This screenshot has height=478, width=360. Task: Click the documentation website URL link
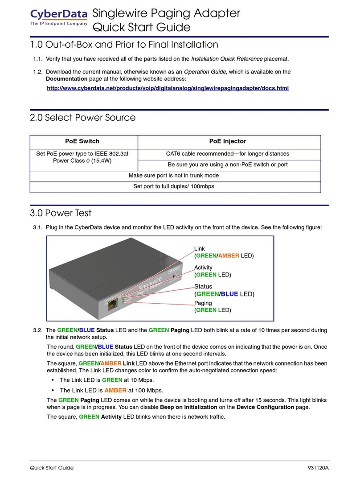(168, 89)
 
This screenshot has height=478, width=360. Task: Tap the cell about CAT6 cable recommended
(227, 154)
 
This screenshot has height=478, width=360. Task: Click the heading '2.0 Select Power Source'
(82, 118)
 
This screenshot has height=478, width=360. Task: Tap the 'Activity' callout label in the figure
(203, 268)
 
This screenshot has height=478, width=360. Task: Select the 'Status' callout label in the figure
(203, 286)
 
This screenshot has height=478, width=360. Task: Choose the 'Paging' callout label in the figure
(203, 303)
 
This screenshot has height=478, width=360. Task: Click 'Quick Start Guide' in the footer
(51, 468)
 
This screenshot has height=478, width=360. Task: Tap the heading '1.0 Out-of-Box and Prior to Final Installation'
(124, 45)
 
